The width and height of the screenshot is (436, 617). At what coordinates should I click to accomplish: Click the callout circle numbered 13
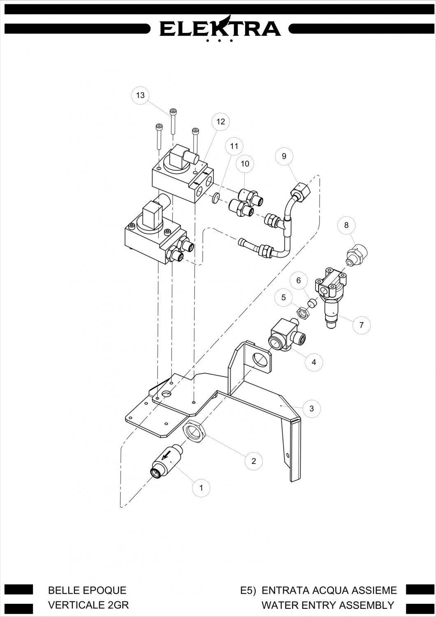[x=140, y=95]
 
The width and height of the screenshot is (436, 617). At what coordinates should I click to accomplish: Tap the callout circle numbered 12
[x=220, y=121]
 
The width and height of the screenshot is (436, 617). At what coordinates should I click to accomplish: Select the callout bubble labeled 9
[x=284, y=156]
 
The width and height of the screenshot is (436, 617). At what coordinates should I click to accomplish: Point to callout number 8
[x=346, y=225]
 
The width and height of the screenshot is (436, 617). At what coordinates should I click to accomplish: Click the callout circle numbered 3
[x=311, y=408]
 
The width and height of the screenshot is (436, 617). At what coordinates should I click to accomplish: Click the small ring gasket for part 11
[x=217, y=198]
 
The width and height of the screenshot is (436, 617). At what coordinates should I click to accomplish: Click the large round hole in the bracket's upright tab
[x=261, y=360]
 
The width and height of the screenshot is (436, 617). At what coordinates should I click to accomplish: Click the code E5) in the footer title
[x=248, y=590]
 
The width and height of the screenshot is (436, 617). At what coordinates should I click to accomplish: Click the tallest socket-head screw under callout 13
[x=173, y=121]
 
